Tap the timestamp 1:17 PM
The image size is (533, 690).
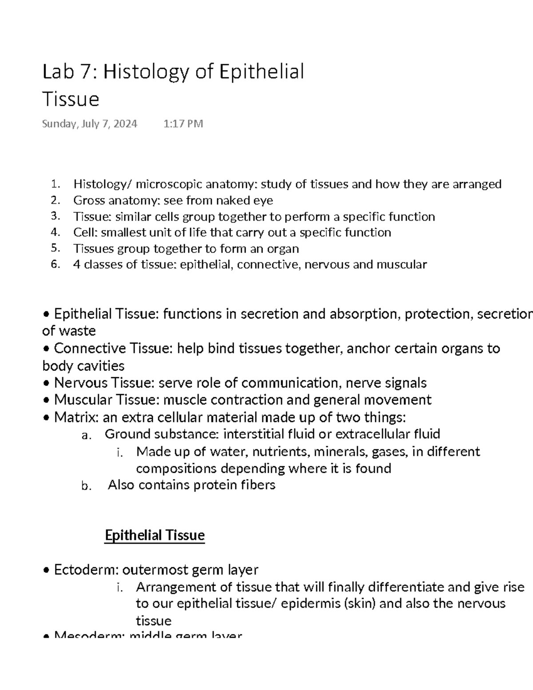[x=183, y=124]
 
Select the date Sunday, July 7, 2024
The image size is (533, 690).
[x=90, y=124]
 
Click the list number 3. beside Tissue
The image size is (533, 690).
[x=55, y=216]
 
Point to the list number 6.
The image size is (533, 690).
[x=55, y=264]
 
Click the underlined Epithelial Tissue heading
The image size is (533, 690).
[x=155, y=535]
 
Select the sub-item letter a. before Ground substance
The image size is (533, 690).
[x=86, y=435]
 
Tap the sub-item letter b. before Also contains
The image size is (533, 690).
[x=86, y=486]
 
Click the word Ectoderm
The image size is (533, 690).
[x=85, y=570]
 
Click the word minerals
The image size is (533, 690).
[x=340, y=452]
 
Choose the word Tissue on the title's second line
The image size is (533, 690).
[x=71, y=99]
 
